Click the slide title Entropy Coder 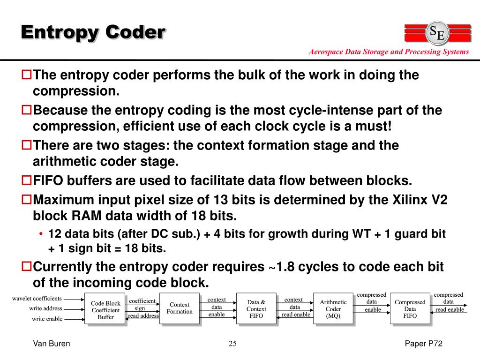[x=93, y=32]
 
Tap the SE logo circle [x=438, y=33]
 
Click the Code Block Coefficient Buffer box [x=105, y=310]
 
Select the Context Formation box [x=179, y=308]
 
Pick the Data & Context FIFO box [x=256, y=309]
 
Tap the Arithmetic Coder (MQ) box [x=333, y=309]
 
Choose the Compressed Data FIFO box [x=410, y=309]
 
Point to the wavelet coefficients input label [x=37, y=298]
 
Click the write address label [x=45, y=308]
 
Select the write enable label [x=47, y=319]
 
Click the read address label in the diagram [x=143, y=316]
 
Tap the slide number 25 [x=232, y=344]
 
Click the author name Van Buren [x=51, y=344]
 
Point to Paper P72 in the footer [x=424, y=344]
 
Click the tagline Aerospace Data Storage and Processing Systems [x=389, y=52]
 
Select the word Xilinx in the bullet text [x=405, y=200]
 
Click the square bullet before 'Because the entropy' [x=27, y=111]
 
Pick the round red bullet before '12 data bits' [x=41, y=233]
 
